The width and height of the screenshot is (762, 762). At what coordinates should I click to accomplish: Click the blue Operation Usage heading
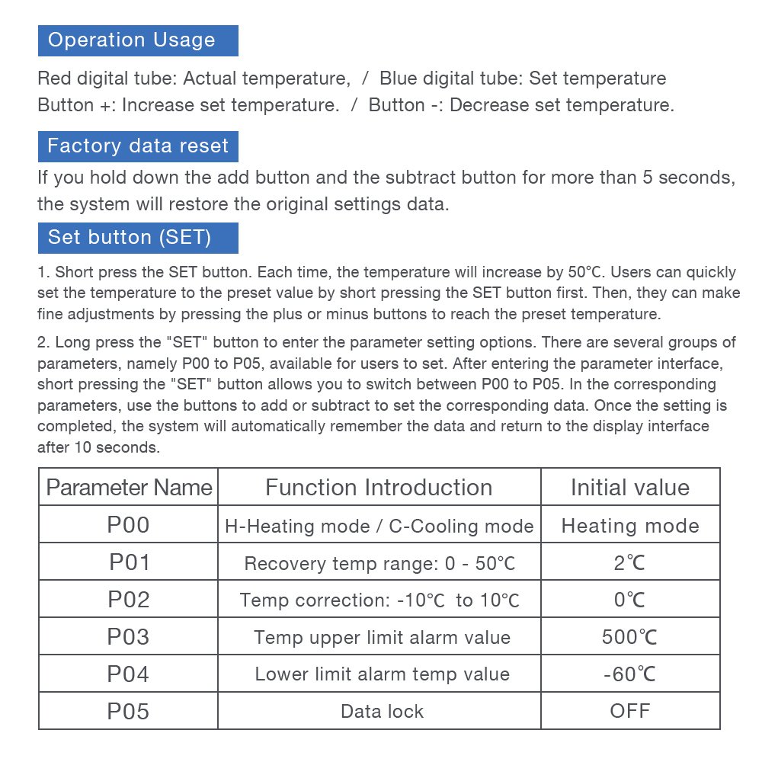coord(137,40)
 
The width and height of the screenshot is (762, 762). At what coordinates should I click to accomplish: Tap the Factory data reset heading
coord(138,146)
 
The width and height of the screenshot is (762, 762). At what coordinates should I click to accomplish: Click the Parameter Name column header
coord(129,487)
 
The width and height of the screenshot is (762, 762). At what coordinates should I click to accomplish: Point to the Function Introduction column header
coord(379,487)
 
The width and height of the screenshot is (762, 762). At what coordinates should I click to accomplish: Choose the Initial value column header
coord(629,487)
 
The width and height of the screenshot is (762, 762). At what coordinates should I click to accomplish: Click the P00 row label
coord(129,525)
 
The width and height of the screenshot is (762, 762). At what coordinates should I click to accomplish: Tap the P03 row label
coord(129,636)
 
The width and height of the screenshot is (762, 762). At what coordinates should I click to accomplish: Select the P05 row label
coord(129,711)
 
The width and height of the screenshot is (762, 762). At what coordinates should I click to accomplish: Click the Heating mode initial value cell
coord(629,526)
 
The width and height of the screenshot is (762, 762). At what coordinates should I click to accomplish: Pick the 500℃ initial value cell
coord(629,637)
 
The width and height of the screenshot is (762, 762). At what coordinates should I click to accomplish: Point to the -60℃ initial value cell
coord(629,674)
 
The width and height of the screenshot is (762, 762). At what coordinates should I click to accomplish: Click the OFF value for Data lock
coord(629,711)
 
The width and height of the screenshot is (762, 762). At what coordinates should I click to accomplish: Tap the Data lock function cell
coord(382,712)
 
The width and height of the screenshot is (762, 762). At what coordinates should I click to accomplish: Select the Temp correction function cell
coord(379,600)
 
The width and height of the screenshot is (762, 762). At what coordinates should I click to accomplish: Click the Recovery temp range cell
coord(379,564)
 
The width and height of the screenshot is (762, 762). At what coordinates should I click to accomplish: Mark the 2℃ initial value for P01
coord(629,563)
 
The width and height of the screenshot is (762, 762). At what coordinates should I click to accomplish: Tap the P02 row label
coord(129,600)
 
